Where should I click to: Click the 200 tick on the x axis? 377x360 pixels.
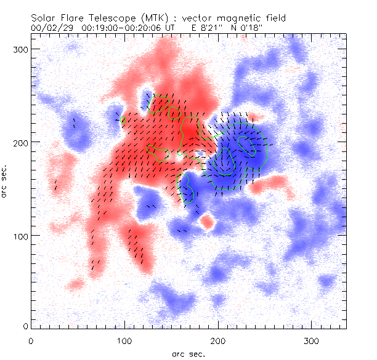coord(217,340)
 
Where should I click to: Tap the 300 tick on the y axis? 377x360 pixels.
coord(18,49)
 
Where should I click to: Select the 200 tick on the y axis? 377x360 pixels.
coord(18,142)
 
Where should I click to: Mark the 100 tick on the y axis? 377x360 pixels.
coord(18,236)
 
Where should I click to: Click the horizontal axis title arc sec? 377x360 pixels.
coord(188,354)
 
